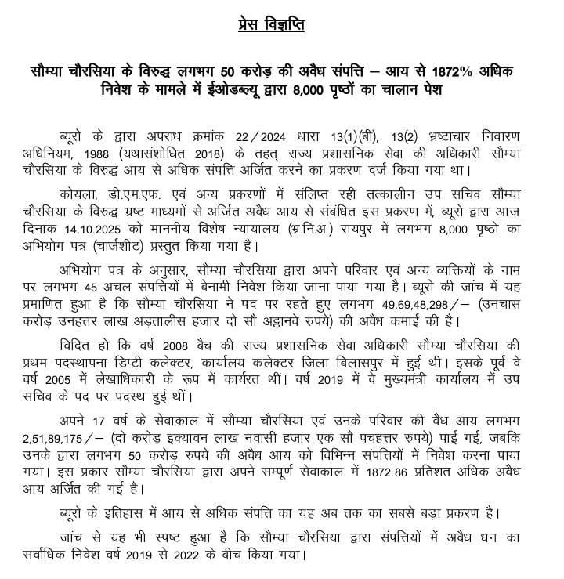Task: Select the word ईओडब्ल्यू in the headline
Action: (x=222, y=92)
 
